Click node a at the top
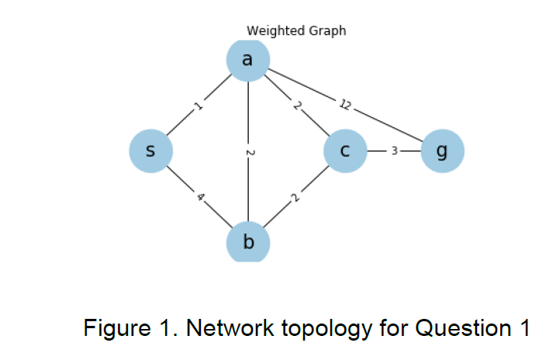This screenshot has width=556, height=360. pos(248,60)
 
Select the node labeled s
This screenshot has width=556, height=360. pos(150,151)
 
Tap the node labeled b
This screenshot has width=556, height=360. pos(248,241)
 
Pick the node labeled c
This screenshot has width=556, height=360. pos(346,151)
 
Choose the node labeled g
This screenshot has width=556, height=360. pos(443,151)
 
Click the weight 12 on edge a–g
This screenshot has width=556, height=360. pos(345,104)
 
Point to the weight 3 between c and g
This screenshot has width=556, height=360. pos(394,151)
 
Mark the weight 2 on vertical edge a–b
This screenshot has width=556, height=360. pos(248,152)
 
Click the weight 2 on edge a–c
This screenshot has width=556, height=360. pos(297,106)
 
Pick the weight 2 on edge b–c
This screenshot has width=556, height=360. pos(295,198)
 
